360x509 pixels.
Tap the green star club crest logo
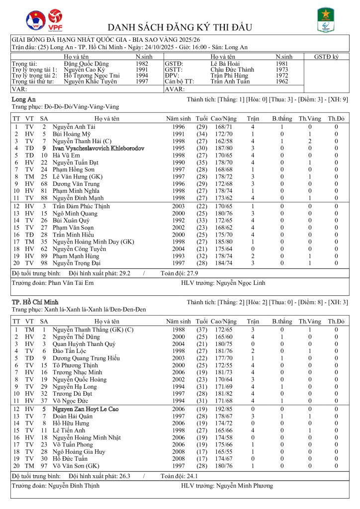point(326,20)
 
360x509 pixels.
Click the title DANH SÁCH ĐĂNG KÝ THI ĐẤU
point(180,27)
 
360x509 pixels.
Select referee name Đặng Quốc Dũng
point(85,64)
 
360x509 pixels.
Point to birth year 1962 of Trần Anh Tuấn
point(282,82)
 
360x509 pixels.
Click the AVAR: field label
point(175,89)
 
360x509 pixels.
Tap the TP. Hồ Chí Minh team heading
point(35,302)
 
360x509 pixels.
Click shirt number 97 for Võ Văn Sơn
point(44,466)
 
